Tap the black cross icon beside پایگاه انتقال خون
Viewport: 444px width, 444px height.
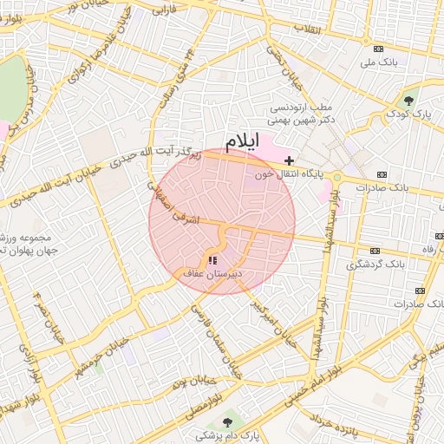pyautogui.click(x=289, y=160)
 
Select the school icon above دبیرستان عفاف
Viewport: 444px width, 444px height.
pyautogui.click(x=213, y=259)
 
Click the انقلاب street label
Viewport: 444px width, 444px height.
pyautogui.click(x=309, y=29)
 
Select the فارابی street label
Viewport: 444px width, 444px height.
pyautogui.click(x=162, y=11)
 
